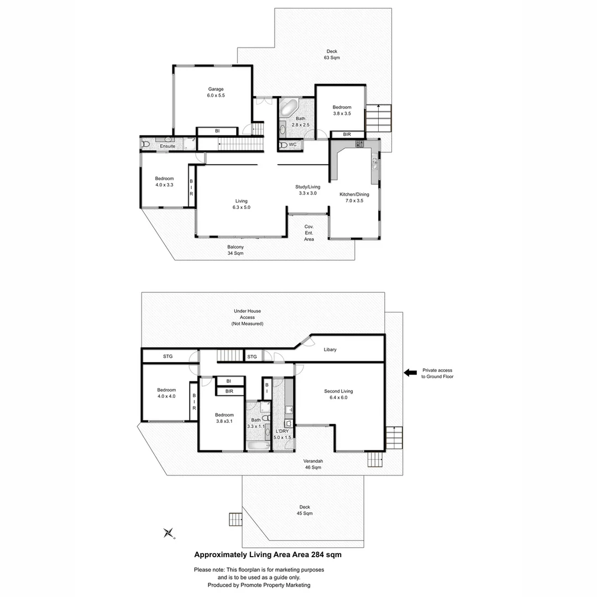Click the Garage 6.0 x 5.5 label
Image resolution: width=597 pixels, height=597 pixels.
coord(216,92)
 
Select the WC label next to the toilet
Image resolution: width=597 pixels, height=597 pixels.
coord(292,145)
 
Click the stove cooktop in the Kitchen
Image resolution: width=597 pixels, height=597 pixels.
coord(360,144)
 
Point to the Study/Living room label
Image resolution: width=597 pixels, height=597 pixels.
coord(308,190)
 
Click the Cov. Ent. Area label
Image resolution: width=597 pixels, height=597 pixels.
coord(309,233)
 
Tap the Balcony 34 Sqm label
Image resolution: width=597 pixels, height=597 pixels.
coord(235,250)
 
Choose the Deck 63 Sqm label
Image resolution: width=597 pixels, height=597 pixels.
coord(332,54)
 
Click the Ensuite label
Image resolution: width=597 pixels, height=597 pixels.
coord(167,146)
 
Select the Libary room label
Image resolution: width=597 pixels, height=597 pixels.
coord(330,349)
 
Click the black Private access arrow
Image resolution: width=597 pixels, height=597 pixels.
coord(410,373)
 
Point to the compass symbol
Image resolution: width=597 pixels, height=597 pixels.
coord(169,533)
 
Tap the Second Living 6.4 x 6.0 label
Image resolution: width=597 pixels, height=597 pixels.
coord(338,394)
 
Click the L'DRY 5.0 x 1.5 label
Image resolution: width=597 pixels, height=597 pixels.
coord(282,434)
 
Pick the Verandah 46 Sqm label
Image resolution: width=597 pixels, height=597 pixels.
coord(313,464)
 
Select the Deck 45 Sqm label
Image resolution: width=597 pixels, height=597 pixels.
coord(305,510)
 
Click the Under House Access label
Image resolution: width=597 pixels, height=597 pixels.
coord(248,317)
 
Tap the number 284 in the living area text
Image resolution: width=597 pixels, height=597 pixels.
coord(318,555)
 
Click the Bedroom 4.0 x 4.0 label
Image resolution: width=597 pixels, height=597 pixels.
coord(166,393)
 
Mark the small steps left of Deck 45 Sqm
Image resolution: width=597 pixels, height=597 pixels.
coord(235,520)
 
